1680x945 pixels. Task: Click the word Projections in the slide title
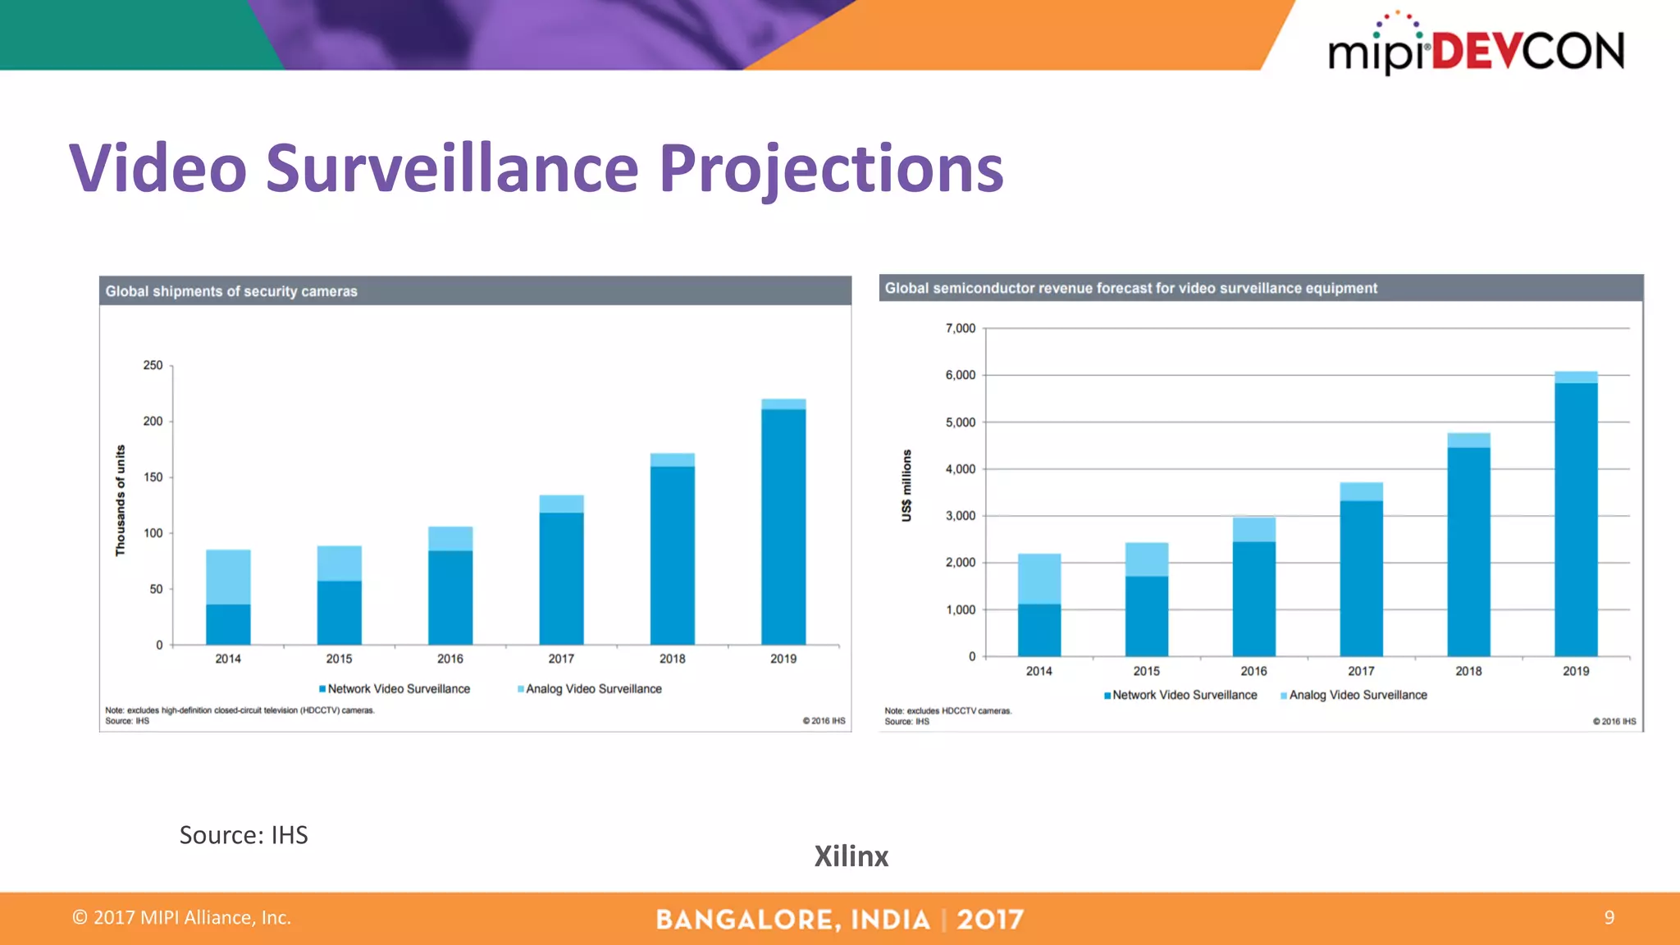click(831, 169)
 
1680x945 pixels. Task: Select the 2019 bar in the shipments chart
click(783, 525)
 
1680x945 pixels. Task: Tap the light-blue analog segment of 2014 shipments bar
click(228, 577)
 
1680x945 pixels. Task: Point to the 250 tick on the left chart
click(153, 365)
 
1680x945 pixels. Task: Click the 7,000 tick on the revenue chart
click(960, 328)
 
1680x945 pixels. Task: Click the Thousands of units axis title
click(121, 500)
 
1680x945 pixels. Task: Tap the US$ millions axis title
click(906, 485)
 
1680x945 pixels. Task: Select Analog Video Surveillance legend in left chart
click(593, 689)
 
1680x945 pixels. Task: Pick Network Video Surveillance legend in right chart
click(1184, 695)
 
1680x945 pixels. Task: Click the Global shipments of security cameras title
click(231, 291)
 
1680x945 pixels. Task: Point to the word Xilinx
click(851, 856)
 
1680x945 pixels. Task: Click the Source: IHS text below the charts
click(244, 835)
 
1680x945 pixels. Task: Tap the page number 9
click(1609, 917)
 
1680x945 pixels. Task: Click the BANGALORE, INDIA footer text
click(792, 920)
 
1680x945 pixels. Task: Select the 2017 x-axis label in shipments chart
click(561, 659)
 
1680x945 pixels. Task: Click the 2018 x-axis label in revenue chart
click(1468, 671)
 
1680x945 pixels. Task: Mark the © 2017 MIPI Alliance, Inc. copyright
click(182, 917)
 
